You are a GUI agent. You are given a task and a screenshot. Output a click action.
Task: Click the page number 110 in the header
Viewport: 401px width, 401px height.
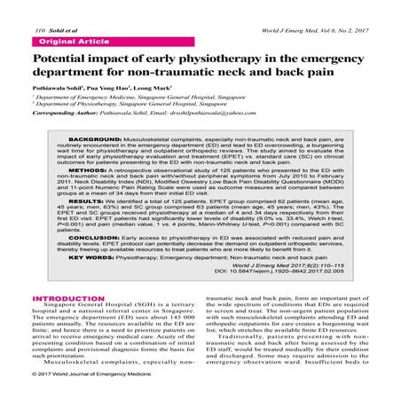point(14,6)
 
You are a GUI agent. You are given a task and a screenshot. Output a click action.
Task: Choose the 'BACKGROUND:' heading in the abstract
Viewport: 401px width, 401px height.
point(97,141)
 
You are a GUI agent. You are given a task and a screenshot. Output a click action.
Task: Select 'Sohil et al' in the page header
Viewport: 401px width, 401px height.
point(37,6)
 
